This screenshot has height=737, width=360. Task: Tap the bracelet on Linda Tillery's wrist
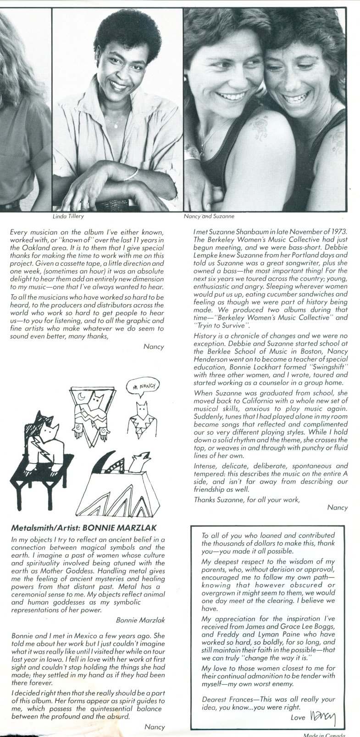[133, 174]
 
